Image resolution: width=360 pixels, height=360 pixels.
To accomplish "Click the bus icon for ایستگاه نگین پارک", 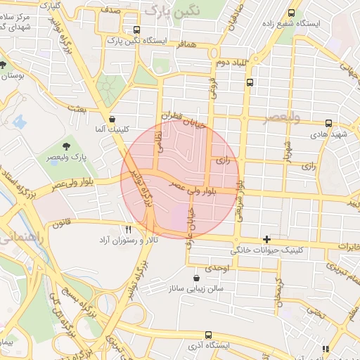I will click(x=136, y=30).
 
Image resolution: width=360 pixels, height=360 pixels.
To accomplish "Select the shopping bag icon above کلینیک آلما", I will click(x=112, y=119).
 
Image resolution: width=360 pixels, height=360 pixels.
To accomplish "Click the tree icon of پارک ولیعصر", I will click(x=66, y=146).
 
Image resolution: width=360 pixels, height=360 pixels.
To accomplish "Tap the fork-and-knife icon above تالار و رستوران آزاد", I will click(x=128, y=229).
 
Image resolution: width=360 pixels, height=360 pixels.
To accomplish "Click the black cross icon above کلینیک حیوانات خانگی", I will click(x=266, y=239).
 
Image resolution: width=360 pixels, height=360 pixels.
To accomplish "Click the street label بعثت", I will click(x=75, y=108).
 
